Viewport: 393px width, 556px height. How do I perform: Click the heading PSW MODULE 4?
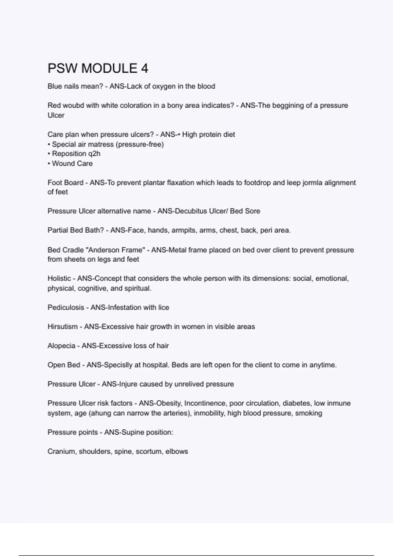tap(98, 68)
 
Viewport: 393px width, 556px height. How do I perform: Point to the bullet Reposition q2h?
tap(76, 154)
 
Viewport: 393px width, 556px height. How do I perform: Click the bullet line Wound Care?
tap(72, 164)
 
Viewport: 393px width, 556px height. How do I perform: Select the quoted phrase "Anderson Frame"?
tap(116, 250)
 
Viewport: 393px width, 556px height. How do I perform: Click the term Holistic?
tap(59, 279)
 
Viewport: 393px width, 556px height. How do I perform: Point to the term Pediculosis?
tap(66, 307)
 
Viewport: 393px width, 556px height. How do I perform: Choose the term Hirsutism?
tap(63, 327)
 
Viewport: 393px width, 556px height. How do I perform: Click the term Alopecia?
tap(61, 346)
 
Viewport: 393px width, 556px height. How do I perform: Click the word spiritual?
tap(138, 288)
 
